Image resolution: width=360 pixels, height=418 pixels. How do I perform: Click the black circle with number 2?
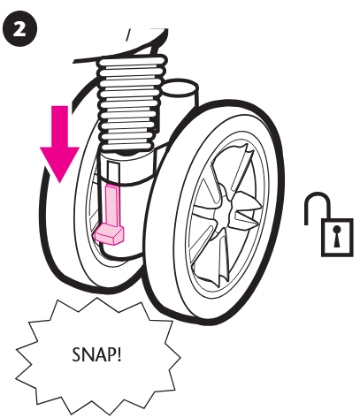[19, 28]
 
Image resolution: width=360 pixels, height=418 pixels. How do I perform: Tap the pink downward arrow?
[60, 144]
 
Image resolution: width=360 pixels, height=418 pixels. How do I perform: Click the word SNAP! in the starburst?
[96, 354]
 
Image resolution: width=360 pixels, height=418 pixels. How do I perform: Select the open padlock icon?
[329, 224]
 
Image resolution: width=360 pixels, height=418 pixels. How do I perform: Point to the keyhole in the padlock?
[336, 236]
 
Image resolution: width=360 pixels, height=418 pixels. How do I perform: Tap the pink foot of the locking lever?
[109, 234]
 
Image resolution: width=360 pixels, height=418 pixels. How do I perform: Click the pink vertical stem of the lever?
[112, 205]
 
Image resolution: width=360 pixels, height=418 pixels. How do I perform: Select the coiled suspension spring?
[131, 103]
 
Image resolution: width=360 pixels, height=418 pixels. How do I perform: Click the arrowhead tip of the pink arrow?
[60, 183]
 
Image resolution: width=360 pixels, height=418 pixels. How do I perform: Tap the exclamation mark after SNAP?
[119, 354]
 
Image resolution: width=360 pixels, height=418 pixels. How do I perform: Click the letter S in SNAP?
[76, 354]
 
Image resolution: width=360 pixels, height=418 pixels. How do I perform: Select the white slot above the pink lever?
[114, 173]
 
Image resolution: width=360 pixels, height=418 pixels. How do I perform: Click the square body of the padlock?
[337, 238]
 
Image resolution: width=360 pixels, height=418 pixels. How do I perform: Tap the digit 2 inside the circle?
[19, 29]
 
